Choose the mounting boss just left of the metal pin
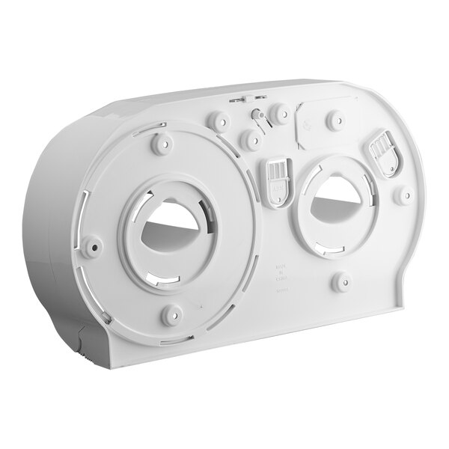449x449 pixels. coord(219,120)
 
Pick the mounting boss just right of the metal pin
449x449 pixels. coord(281,113)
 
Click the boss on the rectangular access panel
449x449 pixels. coord(336,117)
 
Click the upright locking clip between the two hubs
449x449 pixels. coord(277,179)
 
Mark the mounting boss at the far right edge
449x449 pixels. coord(406,197)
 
